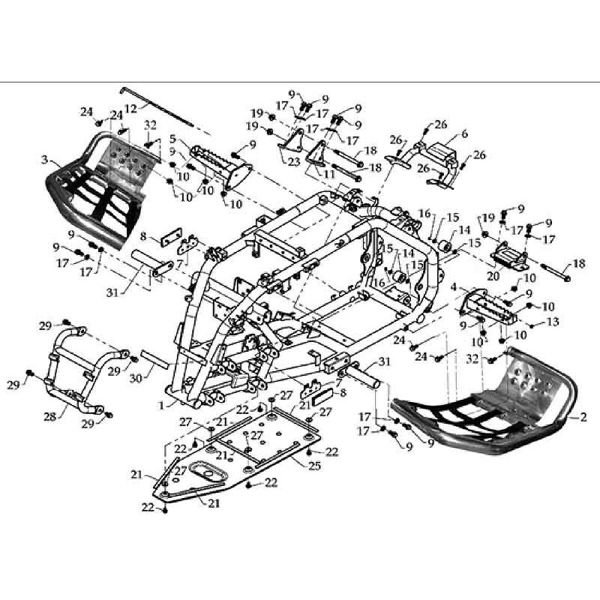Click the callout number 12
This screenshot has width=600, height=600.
click(130, 108)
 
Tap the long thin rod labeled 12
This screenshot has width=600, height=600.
click(157, 106)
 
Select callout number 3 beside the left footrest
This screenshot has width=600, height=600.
click(45, 159)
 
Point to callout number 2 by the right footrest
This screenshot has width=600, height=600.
click(583, 417)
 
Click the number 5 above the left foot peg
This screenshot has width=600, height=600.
click(172, 138)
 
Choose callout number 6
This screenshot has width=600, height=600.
click(464, 133)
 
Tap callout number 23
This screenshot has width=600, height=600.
click(294, 162)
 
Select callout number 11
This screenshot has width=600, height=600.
click(330, 174)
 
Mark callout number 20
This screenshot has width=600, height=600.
click(493, 275)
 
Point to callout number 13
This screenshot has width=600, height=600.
click(553, 322)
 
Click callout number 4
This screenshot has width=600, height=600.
click(454, 286)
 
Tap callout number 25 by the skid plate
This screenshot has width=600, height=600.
click(315, 466)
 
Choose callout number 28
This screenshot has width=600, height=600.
click(49, 417)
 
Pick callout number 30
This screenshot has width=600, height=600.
click(136, 378)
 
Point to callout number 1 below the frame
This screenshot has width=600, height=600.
click(162, 405)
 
